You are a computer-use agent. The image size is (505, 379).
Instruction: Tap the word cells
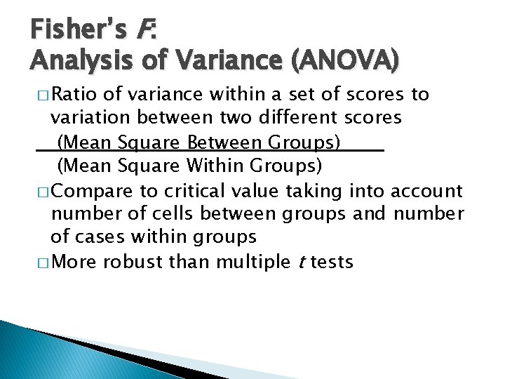171,214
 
